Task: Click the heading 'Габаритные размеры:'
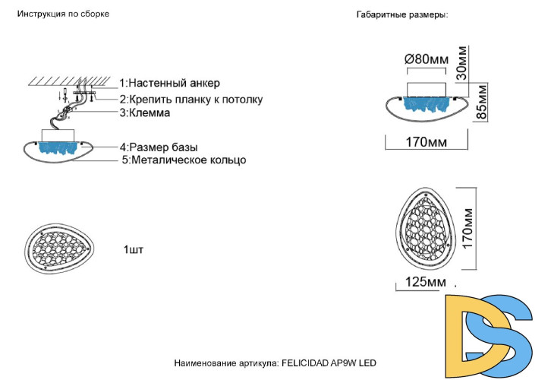click(x=402, y=14)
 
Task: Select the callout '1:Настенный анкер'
click(x=170, y=83)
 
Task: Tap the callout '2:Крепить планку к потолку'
click(x=190, y=99)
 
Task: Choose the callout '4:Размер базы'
click(x=163, y=147)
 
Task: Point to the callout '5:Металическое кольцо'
click(x=184, y=160)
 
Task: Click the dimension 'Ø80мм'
click(x=427, y=59)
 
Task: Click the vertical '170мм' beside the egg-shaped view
click(x=469, y=230)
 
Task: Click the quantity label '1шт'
click(x=133, y=249)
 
